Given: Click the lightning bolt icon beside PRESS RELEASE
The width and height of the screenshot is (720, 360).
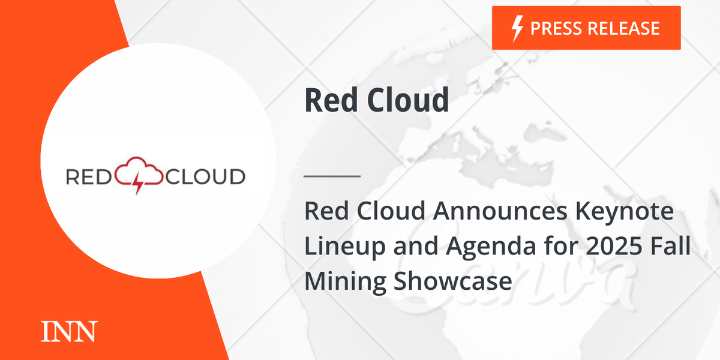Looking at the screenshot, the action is [517, 29].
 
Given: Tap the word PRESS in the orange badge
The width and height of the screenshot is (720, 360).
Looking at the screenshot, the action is [556, 28].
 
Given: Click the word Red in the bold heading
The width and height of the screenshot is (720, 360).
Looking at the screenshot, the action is [331, 100].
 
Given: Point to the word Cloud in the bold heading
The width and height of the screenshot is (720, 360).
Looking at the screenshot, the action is [408, 100].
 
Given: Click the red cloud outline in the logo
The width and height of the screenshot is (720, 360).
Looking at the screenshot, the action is [139, 170].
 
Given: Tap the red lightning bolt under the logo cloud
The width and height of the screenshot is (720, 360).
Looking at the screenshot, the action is [137, 183].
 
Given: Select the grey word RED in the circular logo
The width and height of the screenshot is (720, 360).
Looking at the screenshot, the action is [89, 177].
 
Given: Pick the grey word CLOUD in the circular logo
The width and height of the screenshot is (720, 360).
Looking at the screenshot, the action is [205, 177].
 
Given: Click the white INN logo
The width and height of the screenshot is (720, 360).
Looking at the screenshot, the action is [69, 331].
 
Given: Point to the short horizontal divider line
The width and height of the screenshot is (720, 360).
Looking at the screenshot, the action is [332, 176].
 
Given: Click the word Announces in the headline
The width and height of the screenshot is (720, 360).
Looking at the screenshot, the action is [500, 211].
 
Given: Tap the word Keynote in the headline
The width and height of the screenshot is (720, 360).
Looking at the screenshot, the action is [625, 213].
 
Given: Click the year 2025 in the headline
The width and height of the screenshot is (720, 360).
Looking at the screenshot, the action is [614, 246].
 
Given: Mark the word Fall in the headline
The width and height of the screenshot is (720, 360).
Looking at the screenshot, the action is [671, 245].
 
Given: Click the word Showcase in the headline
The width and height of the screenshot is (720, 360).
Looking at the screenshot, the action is [452, 281].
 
